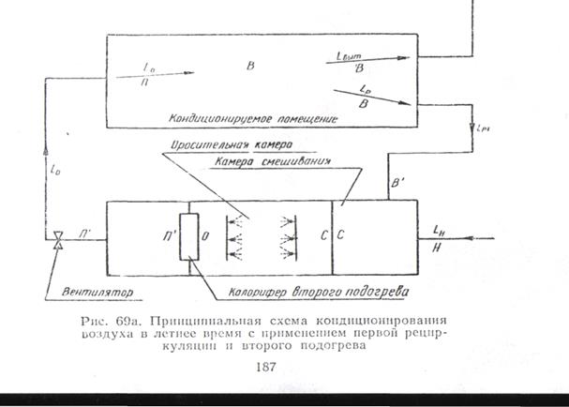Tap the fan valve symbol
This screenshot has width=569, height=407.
coord(58,240)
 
